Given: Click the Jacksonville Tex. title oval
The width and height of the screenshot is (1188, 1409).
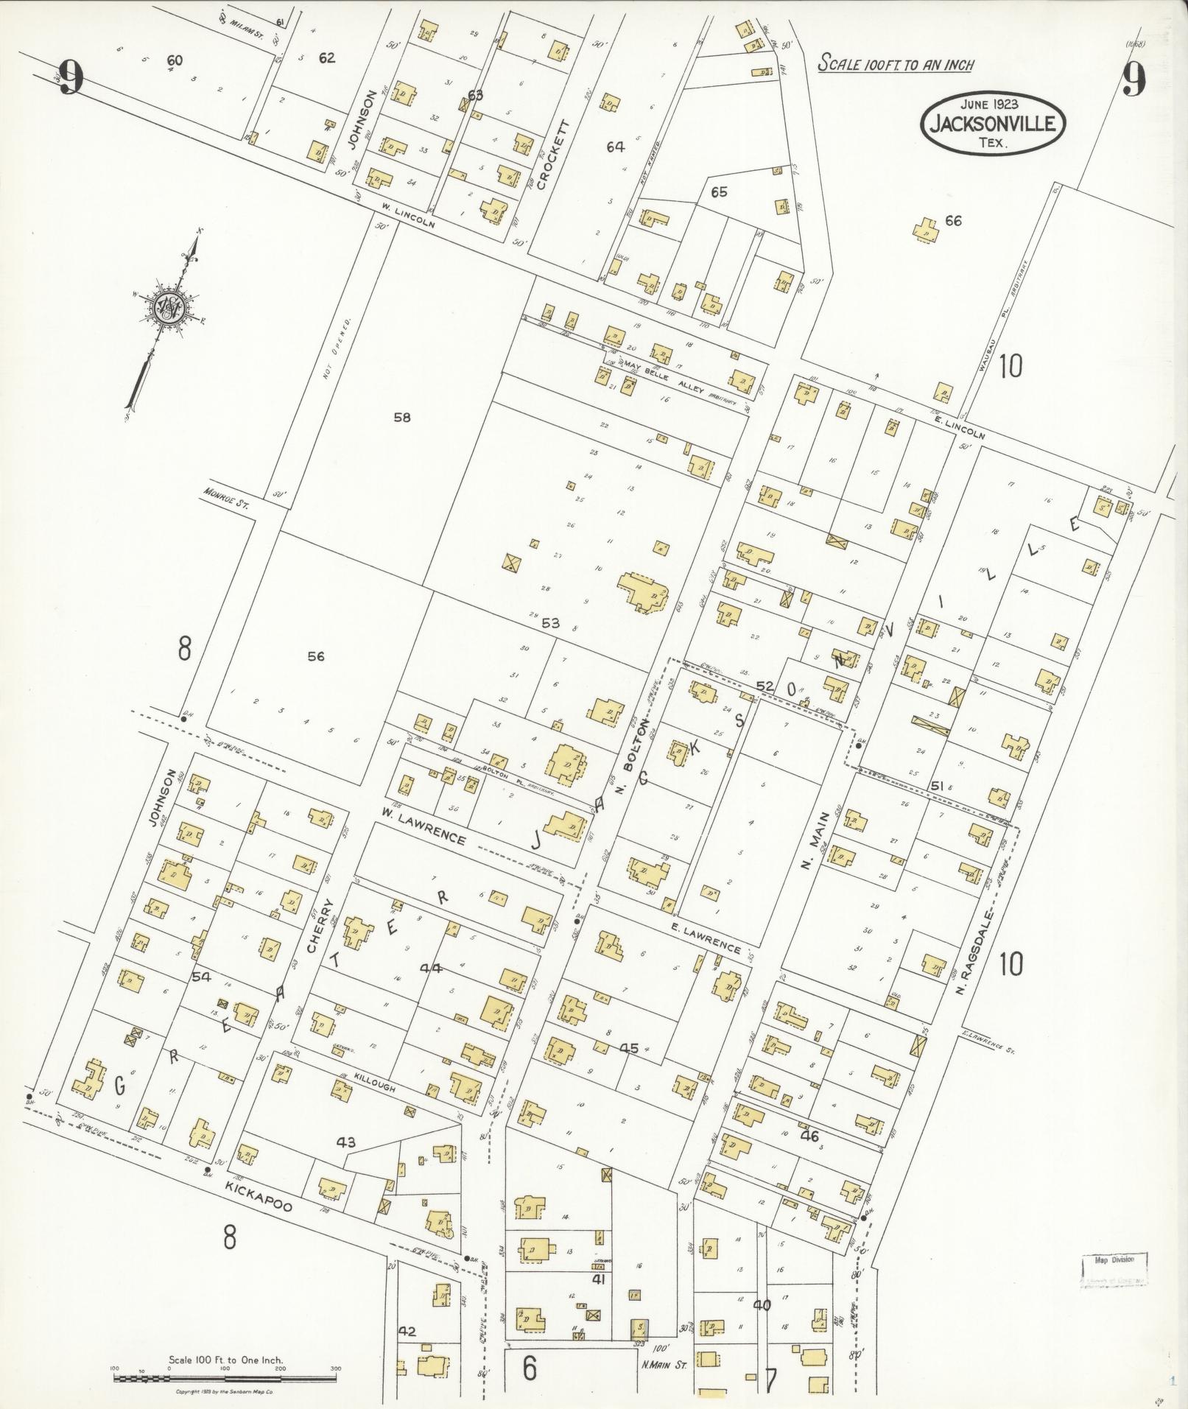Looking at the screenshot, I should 992,124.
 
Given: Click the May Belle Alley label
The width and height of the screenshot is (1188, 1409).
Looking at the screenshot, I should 664,377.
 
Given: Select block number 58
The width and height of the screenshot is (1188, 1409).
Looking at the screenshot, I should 401,418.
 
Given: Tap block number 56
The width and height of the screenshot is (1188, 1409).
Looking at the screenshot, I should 316,656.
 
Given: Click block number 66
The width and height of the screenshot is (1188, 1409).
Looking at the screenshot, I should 953,221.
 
